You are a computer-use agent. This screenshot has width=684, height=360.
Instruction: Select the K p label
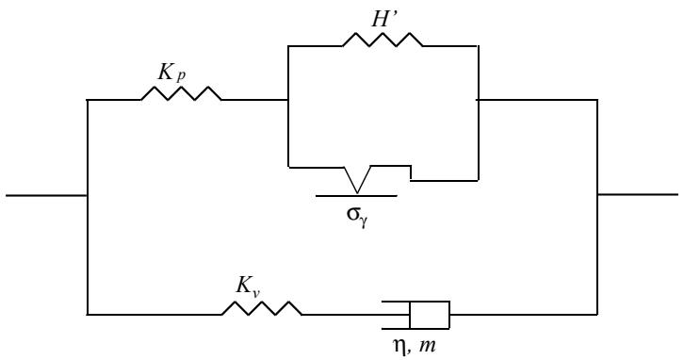(x=171, y=73)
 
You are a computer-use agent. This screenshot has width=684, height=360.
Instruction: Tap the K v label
(x=248, y=286)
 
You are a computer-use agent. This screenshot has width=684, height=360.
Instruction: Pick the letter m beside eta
(x=427, y=346)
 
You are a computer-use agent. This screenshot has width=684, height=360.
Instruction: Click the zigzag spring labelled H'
(x=383, y=40)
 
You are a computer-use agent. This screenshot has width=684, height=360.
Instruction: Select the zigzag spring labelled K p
(x=181, y=93)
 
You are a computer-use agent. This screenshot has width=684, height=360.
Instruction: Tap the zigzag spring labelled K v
(x=262, y=308)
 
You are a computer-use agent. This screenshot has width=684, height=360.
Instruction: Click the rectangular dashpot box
(x=430, y=315)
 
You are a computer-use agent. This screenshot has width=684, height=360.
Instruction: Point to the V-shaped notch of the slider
(x=357, y=179)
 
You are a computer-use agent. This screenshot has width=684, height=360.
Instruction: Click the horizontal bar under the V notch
(x=356, y=196)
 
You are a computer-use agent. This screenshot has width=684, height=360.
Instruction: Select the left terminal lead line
(x=47, y=195)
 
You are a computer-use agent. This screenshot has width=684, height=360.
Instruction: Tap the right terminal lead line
(x=637, y=194)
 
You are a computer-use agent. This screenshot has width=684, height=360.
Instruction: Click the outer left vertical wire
(x=88, y=206)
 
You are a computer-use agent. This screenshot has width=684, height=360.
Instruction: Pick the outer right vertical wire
(x=596, y=206)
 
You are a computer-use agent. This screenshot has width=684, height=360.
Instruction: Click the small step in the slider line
(x=411, y=172)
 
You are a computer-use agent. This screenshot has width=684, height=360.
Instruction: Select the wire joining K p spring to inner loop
(x=254, y=100)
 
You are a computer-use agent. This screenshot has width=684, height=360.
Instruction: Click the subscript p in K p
(x=181, y=76)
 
